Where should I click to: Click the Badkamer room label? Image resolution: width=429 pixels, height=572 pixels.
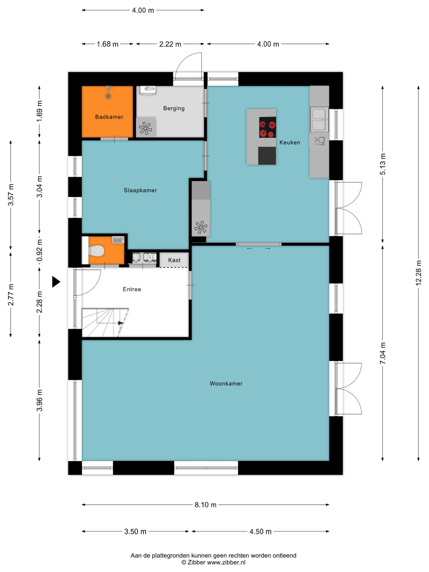coord(109,117)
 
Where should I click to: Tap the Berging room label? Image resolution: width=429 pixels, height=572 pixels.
coord(174,108)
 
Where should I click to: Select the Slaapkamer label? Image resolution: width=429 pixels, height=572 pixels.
coord(140,190)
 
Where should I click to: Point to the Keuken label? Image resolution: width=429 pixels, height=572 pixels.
coord(290,142)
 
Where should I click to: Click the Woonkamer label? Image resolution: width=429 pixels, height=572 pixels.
coord(226,383)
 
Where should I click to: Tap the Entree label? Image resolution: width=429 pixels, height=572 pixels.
coord(132,289)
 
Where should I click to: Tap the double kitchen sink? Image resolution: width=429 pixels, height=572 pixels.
coord(319,119)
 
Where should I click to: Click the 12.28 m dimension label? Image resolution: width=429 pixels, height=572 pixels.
coord(418,273)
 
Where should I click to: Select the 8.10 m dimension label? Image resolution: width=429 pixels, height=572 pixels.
coord(205,505)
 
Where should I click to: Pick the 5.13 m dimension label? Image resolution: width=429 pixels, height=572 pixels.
coord(383,164)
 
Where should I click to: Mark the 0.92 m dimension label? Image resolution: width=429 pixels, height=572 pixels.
coord(39,250)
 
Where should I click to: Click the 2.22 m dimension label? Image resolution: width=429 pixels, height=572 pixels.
coord(170,44)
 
